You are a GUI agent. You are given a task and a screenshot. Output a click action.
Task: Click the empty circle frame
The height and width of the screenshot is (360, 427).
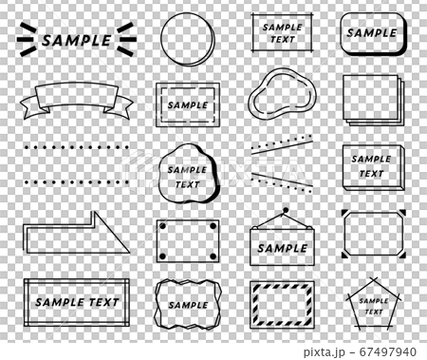point(186,39)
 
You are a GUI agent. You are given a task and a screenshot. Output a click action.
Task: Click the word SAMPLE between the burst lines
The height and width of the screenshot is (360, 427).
point(78,40)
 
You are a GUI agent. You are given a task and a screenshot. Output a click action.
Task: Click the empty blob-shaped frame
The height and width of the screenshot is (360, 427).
point(280,97)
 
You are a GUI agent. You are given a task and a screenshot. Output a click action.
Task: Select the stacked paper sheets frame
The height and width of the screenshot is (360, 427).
point(371,100)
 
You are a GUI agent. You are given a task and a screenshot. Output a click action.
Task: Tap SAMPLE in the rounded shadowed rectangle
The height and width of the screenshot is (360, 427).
point(371,32)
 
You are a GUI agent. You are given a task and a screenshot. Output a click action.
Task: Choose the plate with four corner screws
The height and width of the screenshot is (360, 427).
point(187,241)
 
